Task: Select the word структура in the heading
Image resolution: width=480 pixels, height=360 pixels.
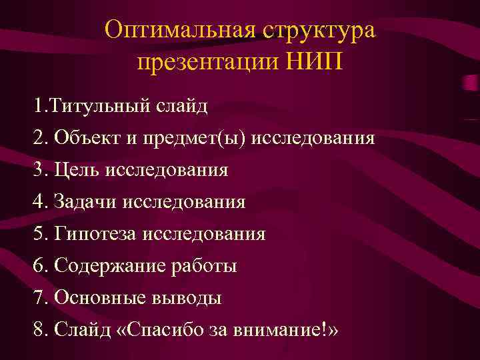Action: click(x=319, y=31)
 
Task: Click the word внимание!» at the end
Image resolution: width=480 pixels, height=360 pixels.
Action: click(x=291, y=329)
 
